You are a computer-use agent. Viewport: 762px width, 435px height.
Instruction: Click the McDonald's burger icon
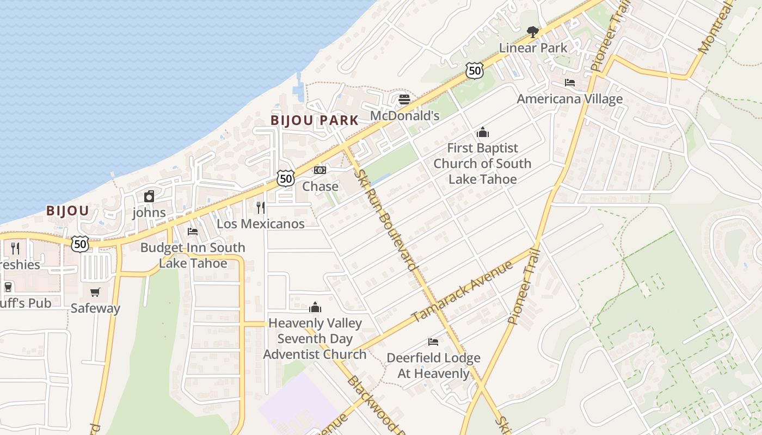404,100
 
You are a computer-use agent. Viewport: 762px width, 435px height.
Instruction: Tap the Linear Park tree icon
533,32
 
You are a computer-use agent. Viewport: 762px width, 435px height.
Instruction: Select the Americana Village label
569,99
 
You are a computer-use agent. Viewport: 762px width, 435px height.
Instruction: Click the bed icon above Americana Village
569,83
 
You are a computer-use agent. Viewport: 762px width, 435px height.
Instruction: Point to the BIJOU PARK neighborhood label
315,120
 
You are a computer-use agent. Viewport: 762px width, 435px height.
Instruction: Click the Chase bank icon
320,170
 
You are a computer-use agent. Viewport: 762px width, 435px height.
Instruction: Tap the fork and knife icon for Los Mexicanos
260,207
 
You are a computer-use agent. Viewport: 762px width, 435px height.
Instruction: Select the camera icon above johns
149,196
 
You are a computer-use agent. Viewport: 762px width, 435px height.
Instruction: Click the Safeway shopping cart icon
95,293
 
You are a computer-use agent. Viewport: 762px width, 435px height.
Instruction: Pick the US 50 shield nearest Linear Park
475,70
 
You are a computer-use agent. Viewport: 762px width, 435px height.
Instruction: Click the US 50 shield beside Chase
285,178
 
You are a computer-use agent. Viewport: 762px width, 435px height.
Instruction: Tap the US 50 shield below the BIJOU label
80,244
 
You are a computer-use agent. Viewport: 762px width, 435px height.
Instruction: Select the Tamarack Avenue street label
462,291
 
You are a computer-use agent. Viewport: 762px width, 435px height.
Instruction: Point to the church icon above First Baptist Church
482,132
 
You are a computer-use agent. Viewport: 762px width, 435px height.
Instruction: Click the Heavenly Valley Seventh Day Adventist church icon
315,307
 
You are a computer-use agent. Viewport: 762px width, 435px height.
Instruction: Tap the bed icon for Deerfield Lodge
433,342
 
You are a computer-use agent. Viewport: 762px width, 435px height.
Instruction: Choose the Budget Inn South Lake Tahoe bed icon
193,232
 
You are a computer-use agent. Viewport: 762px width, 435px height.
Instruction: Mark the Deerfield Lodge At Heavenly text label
433,365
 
